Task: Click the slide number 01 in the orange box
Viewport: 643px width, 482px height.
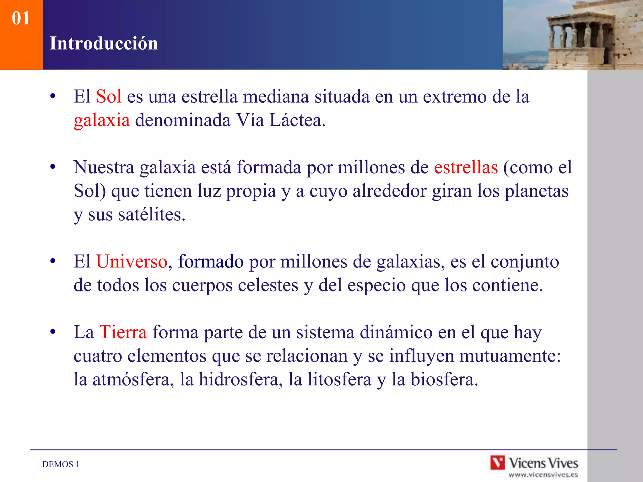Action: coord(21,18)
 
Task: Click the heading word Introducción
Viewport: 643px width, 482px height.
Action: coord(104,43)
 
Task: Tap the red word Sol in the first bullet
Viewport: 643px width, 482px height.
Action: coord(109,96)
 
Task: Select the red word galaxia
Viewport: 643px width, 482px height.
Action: coord(102,120)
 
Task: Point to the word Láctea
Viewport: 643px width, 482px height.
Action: coord(297,120)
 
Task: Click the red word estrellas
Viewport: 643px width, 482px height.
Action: coord(466,167)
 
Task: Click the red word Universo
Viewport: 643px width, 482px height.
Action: coord(132,261)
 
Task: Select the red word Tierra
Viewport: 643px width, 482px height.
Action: coord(123,332)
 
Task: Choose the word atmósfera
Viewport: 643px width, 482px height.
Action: coord(133,379)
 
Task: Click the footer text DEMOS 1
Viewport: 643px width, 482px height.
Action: coord(61,464)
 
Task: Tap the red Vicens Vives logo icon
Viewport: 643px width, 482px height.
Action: coord(498,463)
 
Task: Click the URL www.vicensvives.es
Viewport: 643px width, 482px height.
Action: coord(543,475)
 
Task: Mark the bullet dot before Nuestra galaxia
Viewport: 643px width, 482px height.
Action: coord(53,167)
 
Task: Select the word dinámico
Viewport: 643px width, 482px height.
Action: coord(396,332)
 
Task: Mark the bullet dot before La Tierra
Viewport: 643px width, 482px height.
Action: coord(53,332)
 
